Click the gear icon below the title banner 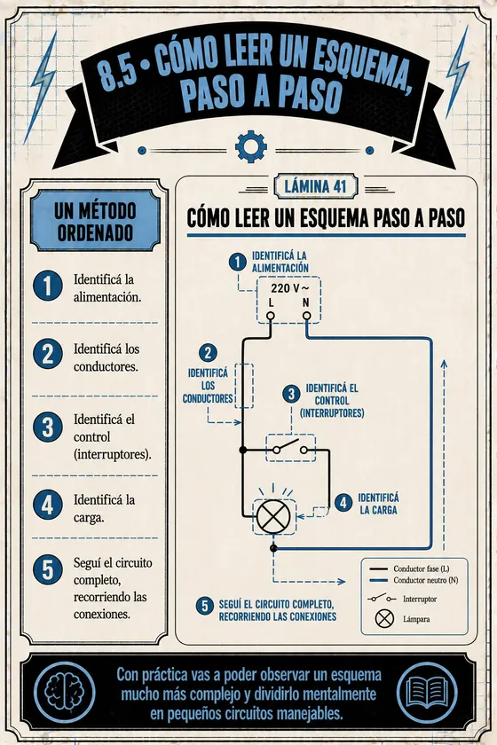[x=250, y=146]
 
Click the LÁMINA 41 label [x=315, y=186]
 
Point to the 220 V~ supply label [x=289, y=288]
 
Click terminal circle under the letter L [x=270, y=316]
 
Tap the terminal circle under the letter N [x=307, y=316]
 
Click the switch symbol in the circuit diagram [x=290, y=448]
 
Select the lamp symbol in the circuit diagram [x=273, y=517]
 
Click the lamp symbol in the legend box [x=384, y=619]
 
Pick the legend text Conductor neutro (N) [x=426, y=580]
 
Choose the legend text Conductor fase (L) [x=421, y=569]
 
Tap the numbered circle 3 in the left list [x=48, y=427]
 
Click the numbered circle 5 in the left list [x=48, y=569]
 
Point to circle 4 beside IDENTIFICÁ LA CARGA [x=343, y=503]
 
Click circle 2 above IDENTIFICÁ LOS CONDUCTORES [x=208, y=354]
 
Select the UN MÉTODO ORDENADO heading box [x=95, y=221]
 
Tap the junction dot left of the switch [x=243, y=450]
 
